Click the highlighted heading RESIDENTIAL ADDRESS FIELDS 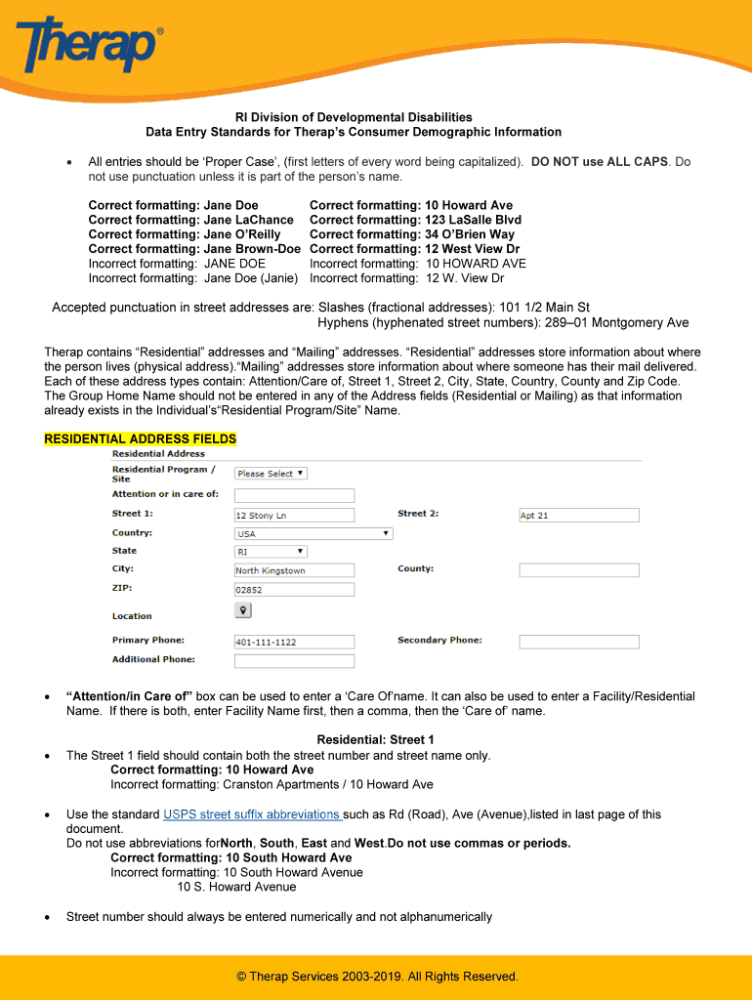click(x=140, y=439)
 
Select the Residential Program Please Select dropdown click(x=272, y=474)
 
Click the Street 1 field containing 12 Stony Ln click(x=294, y=515)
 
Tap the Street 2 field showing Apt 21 click(x=578, y=515)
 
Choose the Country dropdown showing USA click(x=313, y=534)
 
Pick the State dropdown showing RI click(x=271, y=552)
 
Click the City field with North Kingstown click(x=294, y=570)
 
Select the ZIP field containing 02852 click(x=294, y=590)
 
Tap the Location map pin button click(x=243, y=610)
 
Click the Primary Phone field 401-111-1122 click(x=294, y=642)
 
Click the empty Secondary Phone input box click(x=578, y=642)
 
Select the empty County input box click(x=578, y=570)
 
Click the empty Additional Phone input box click(x=294, y=660)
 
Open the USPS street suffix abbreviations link click(x=252, y=814)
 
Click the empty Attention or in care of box click(x=294, y=495)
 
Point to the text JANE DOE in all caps click(x=234, y=264)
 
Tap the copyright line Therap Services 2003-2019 click(x=377, y=977)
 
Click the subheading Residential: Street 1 click(x=375, y=740)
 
